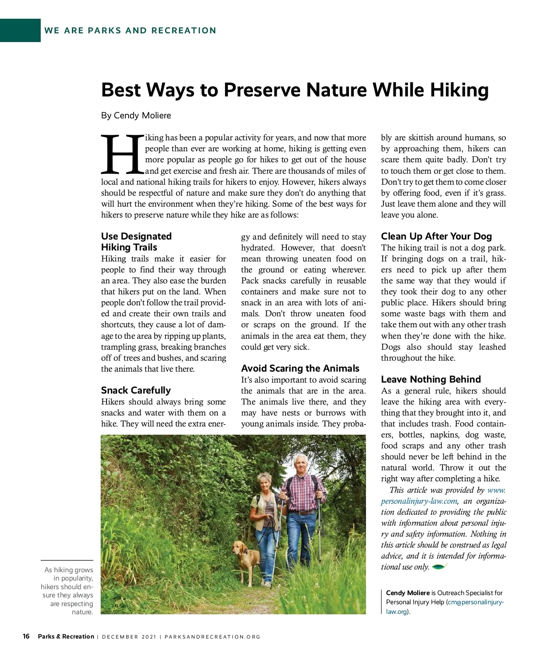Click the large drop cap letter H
(x=122, y=154)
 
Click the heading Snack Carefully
(x=136, y=390)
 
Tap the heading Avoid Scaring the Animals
(x=300, y=368)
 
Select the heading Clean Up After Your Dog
(x=436, y=236)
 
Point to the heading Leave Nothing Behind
(x=431, y=379)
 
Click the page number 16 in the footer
(x=26, y=636)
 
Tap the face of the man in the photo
(x=301, y=464)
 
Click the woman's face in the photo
(x=266, y=484)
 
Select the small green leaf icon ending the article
(x=439, y=567)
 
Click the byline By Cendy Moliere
(x=136, y=116)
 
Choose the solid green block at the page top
(x=20, y=30)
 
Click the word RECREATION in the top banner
(x=184, y=31)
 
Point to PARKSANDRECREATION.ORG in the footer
(x=212, y=637)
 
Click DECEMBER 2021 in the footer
(x=129, y=637)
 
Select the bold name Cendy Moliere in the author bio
(x=408, y=593)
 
